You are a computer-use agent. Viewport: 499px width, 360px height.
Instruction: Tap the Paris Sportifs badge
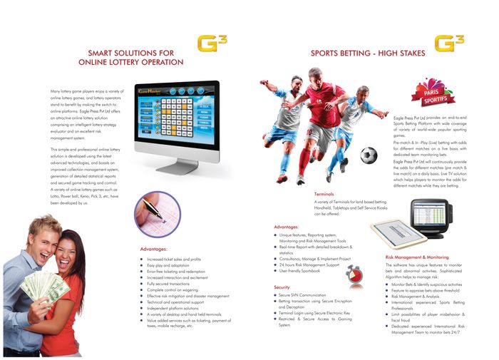pyautogui.click(x=431, y=94)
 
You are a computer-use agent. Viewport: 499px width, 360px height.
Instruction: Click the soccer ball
pyautogui.click(x=369, y=155)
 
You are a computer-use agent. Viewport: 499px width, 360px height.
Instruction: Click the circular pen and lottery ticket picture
pyautogui.click(x=157, y=212)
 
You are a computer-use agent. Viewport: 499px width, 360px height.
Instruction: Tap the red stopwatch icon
pyautogui.click(x=349, y=274)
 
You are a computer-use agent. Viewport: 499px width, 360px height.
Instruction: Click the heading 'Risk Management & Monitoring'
pyautogui.click(x=417, y=257)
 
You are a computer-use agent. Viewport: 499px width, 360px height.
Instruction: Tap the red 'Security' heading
pyautogui.click(x=282, y=287)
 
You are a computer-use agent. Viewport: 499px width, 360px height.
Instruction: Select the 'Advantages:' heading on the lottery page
pyautogui.click(x=153, y=249)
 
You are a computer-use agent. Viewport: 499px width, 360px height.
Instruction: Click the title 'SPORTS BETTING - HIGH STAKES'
pyautogui.click(x=368, y=53)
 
